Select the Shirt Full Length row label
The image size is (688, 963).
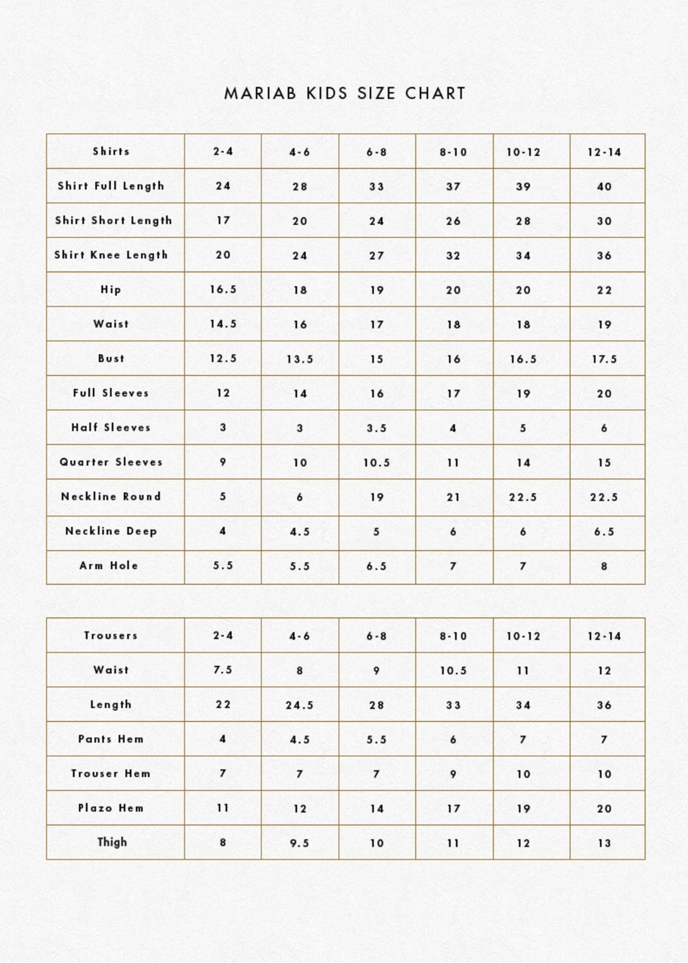[x=111, y=186]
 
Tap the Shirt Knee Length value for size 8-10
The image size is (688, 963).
[x=453, y=256]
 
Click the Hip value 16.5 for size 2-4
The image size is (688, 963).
[x=223, y=289]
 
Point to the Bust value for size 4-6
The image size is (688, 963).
[x=300, y=359]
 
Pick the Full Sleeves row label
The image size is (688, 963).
[x=111, y=393]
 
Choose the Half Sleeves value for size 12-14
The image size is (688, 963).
[x=604, y=428]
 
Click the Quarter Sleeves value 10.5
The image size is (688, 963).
[x=377, y=463]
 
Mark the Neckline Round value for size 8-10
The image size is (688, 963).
[x=453, y=497]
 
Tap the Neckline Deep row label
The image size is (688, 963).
[x=111, y=531]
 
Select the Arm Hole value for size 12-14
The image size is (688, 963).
[x=604, y=566]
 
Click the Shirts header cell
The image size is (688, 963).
[x=111, y=151]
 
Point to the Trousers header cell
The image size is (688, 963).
[x=111, y=635]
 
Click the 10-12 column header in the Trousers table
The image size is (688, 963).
[x=523, y=636]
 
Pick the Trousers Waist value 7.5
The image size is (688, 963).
[x=223, y=670]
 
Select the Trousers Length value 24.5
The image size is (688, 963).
[x=300, y=705]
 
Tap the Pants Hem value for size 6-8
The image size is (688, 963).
[x=377, y=740]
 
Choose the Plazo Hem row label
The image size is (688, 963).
[x=111, y=808]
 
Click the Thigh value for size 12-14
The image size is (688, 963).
[x=604, y=844]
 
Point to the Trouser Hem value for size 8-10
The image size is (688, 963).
[x=453, y=774]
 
